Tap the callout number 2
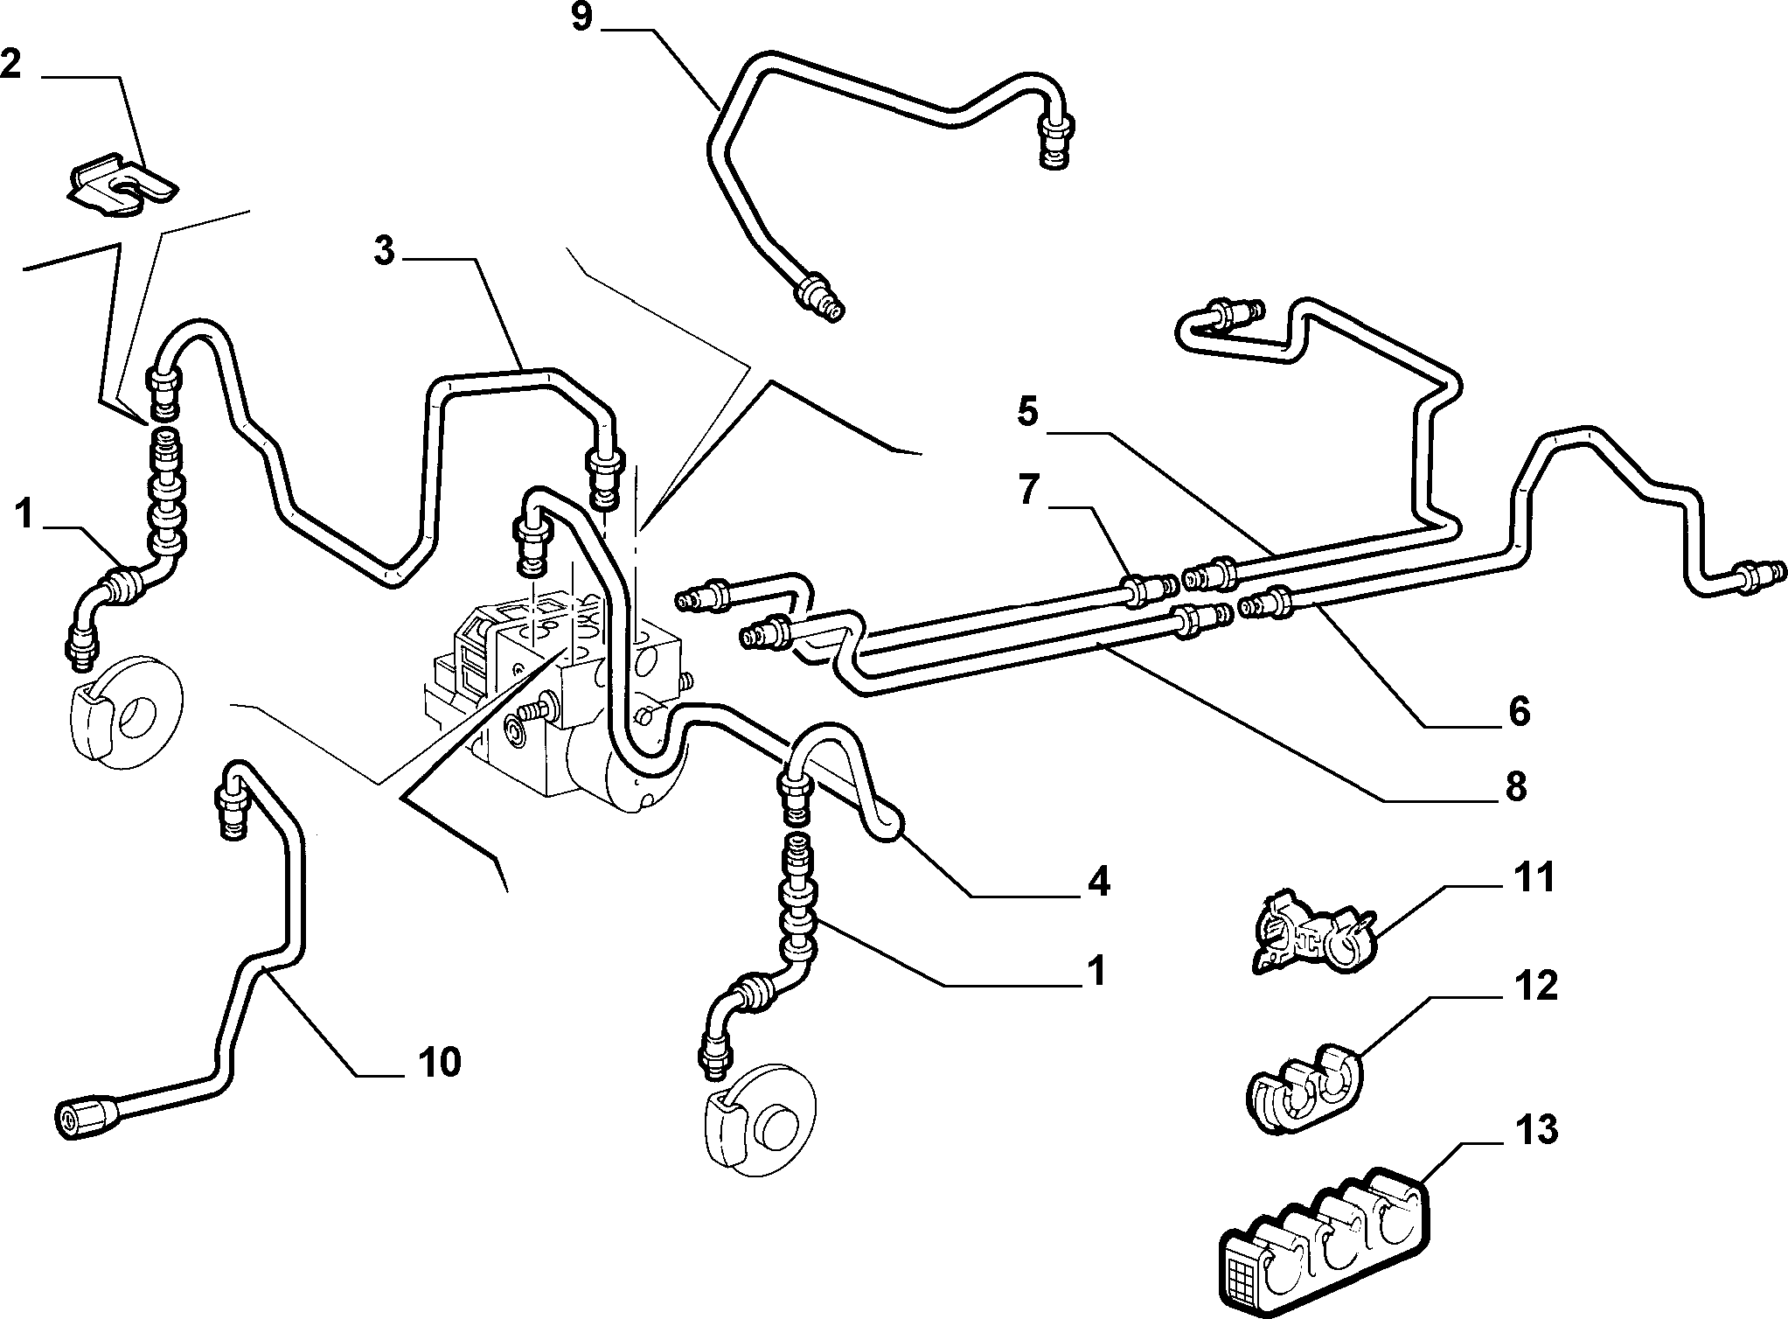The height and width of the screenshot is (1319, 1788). pos(11,62)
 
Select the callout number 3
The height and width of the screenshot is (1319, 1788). pos(384,251)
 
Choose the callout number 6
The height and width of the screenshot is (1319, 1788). pos(1520,711)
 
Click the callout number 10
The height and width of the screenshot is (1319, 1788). pos(438,1063)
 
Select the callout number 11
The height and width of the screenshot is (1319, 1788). pos(1534,877)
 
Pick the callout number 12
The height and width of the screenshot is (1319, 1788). pos(1536,987)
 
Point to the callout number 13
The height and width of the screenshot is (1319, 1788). pos(1536,1130)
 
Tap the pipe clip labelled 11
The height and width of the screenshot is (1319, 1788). pos(1308,933)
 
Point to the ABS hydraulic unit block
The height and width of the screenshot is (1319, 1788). pos(560,691)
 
